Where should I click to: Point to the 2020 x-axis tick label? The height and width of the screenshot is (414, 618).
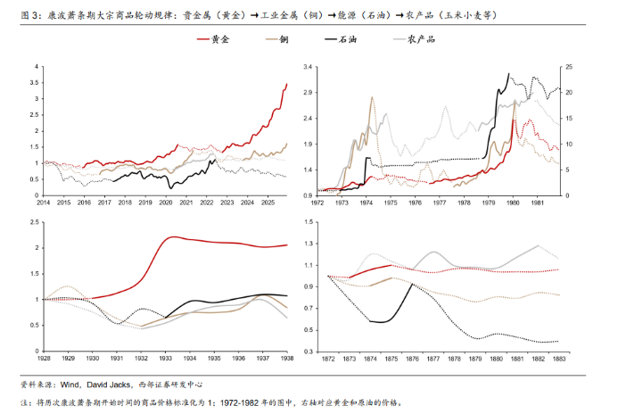(165, 203)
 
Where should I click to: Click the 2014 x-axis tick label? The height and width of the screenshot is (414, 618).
(43, 203)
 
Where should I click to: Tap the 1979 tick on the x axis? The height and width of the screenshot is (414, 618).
(487, 203)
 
